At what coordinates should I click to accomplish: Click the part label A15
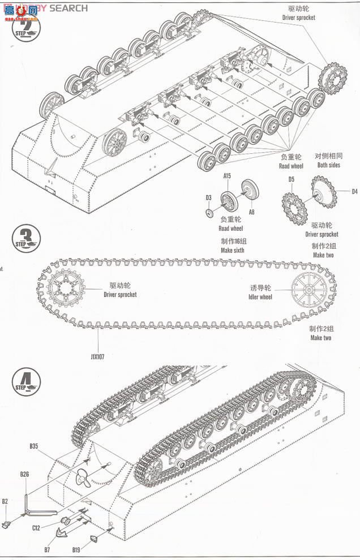[x=227, y=176]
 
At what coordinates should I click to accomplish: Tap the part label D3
[x=208, y=197]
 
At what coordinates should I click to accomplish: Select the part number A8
[x=252, y=212]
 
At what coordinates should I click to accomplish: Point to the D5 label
[x=291, y=180]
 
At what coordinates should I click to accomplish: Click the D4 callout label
[x=354, y=191]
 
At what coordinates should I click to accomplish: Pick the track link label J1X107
[x=97, y=357]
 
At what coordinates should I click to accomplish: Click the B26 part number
[x=24, y=474]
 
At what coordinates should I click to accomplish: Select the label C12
[x=36, y=528]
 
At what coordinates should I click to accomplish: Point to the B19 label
[x=76, y=548]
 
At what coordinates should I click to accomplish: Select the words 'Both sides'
[x=329, y=165]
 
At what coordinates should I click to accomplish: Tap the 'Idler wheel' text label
[x=260, y=297]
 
